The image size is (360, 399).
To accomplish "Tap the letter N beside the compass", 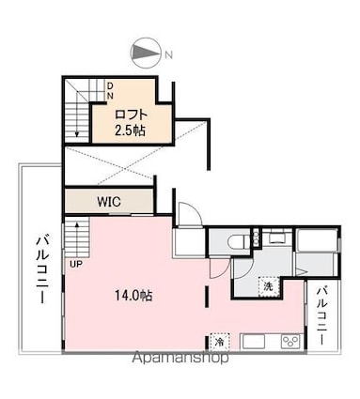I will tap(168, 54).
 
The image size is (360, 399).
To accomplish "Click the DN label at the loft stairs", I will tap(110, 90).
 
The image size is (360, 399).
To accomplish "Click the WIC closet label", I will tap(112, 201).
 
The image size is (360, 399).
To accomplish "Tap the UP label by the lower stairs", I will tap(74, 264).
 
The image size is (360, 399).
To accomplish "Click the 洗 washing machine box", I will tap(267, 286).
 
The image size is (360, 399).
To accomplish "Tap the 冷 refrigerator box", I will tap(218, 341).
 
